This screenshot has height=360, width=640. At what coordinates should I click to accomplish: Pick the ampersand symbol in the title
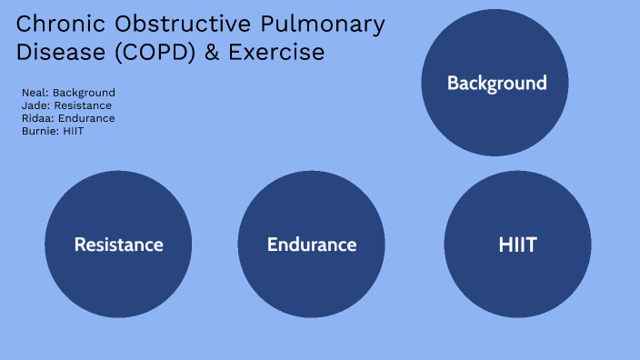(x=212, y=53)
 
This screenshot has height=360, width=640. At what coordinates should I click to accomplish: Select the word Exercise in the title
(x=276, y=53)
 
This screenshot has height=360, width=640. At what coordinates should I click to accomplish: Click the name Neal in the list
(x=34, y=93)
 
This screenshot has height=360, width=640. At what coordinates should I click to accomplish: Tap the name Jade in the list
(x=35, y=105)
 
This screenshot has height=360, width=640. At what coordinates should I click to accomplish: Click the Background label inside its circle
(x=496, y=84)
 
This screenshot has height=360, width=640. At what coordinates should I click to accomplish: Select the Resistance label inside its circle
(x=118, y=245)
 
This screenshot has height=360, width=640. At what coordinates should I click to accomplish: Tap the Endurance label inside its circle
(x=312, y=245)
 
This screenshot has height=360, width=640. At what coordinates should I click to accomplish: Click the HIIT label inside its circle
(x=517, y=245)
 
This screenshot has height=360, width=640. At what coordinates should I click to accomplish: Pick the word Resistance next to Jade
(x=83, y=105)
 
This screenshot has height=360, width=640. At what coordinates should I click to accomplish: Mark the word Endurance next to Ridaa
(x=85, y=118)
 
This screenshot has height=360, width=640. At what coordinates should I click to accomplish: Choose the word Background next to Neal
(x=84, y=93)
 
